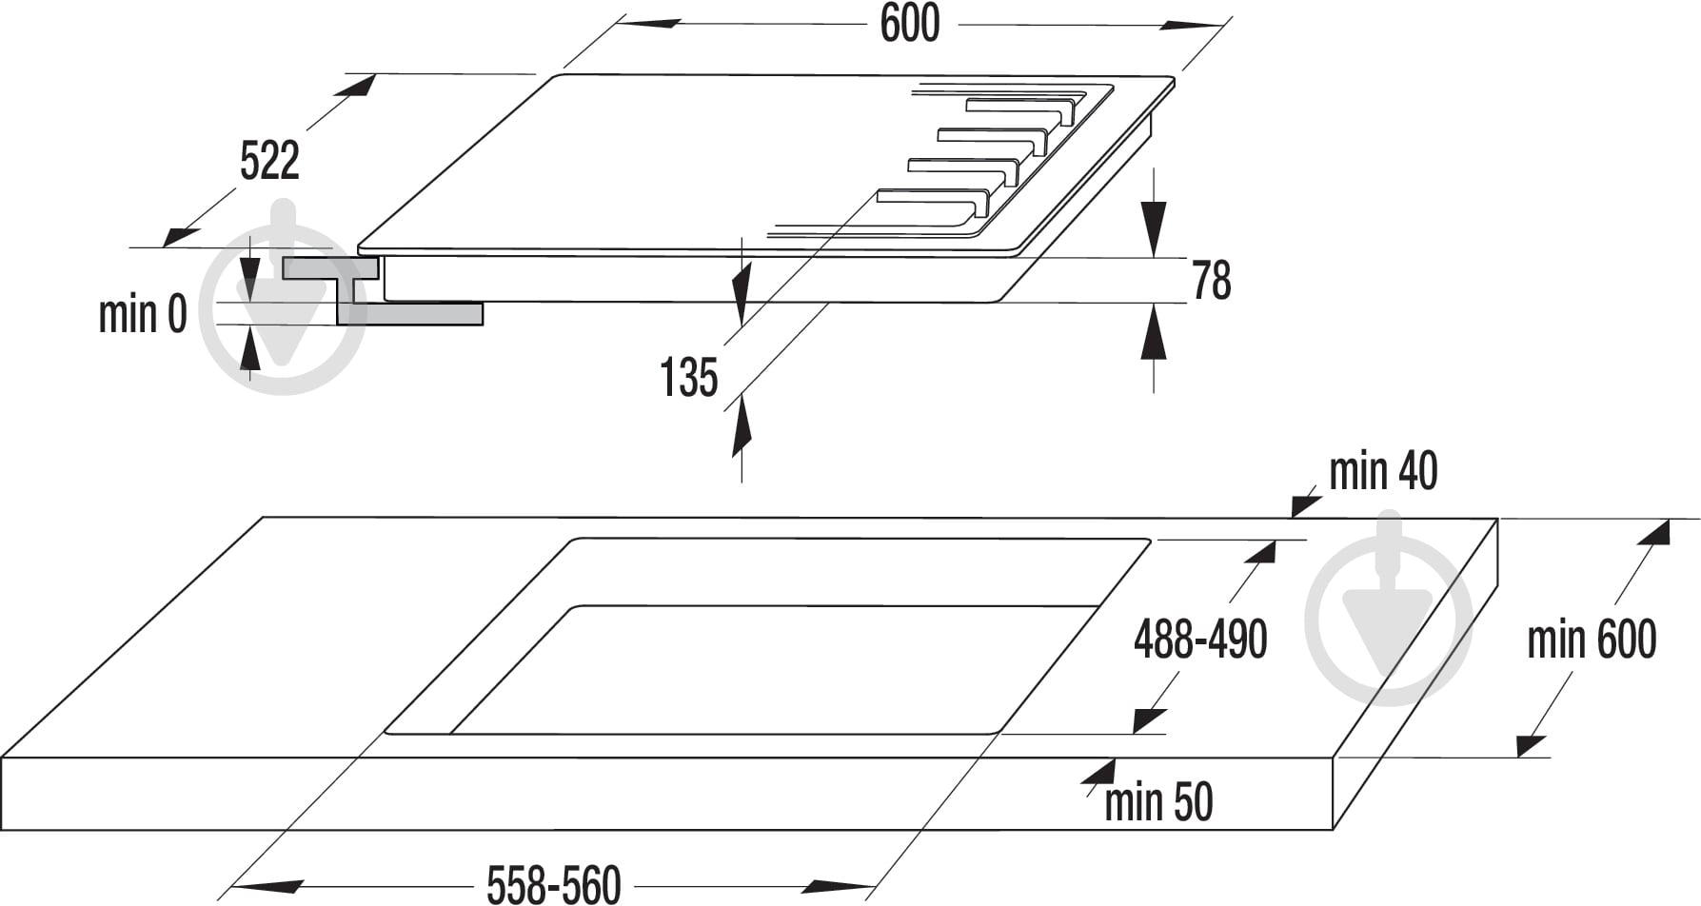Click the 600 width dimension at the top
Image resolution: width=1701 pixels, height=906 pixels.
(x=910, y=24)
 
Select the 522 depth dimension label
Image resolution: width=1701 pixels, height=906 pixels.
(x=269, y=160)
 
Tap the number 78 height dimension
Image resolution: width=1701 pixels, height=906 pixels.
(x=1212, y=281)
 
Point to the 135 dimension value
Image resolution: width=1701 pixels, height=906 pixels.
(x=688, y=378)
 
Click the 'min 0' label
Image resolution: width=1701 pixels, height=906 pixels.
(x=143, y=314)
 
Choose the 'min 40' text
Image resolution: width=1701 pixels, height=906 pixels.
(x=1383, y=471)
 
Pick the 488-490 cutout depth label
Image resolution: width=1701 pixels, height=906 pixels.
(x=1200, y=639)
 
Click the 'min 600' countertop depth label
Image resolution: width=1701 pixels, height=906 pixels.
(x=1592, y=639)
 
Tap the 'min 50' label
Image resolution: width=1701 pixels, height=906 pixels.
(x=1158, y=802)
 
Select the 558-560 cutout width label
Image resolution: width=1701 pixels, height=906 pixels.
(x=554, y=884)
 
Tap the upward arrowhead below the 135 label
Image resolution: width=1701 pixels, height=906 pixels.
(x=742, y=427)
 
